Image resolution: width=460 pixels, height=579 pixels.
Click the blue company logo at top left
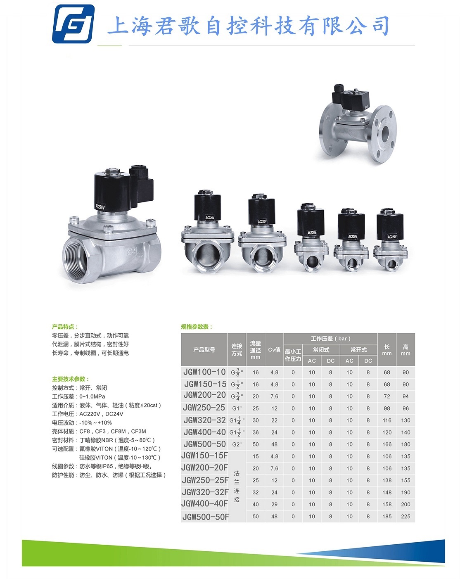pos(73,24)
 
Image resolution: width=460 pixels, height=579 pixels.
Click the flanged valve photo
pos(358,123)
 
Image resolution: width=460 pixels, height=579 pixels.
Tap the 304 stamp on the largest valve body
pos(132,252)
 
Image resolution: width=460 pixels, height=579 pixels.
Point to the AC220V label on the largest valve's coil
pos(100,206)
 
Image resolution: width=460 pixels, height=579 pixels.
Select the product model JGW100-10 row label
pos(204,372)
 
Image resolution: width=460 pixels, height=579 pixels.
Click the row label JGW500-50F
pos(205,517)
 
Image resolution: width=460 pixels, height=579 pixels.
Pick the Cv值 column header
pos(274,349)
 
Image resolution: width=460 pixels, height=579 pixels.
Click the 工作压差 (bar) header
pos(330,339)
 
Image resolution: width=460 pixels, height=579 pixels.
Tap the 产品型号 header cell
pos(204,349)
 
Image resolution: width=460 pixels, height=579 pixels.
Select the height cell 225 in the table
pos(405,516)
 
